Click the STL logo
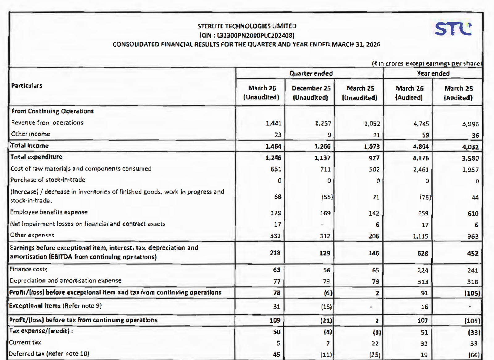coord(453,29)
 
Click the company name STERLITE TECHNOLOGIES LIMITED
coord(247,26)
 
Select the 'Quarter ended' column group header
coord(311,73)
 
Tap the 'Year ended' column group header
coord(433,73)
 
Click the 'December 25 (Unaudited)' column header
coord(311,93)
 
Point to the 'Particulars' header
coord(27,86)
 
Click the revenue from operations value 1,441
coord(274,123)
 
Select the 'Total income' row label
coord(30,146)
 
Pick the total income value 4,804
coord(421,146)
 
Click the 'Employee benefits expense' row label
coord(49,212)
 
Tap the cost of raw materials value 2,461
coord(421,169)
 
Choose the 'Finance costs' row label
coord(28,269)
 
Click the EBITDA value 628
coord(422,253)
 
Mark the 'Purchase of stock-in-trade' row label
coord(48,180)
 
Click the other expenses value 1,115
coord(421,236)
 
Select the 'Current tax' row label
coord(25,342)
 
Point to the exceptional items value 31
coord(276,307)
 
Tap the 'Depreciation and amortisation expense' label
coord(65,281)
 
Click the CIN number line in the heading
coord(247,35)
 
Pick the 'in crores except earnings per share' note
coord(426,63)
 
